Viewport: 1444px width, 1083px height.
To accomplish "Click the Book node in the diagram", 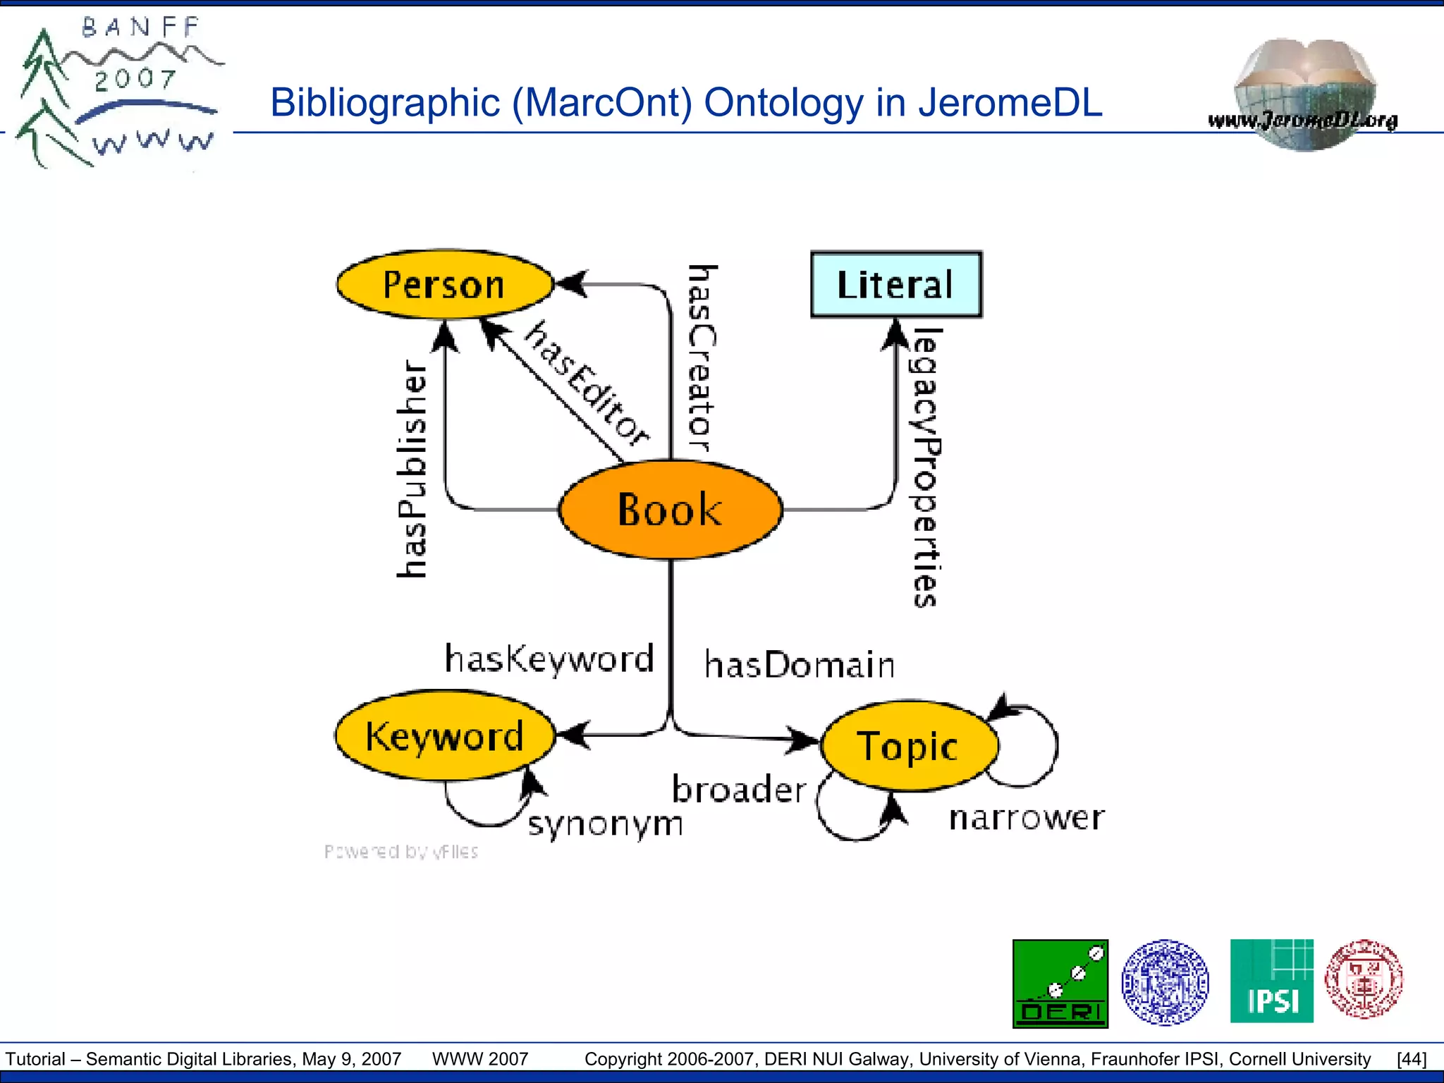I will pos(671,509).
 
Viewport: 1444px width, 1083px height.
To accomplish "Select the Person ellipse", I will pos(444,284).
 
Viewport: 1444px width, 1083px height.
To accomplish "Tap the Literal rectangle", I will pos(895,284).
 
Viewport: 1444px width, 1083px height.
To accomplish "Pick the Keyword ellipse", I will pos(445,735).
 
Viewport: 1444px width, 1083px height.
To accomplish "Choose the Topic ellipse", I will pos(909,745).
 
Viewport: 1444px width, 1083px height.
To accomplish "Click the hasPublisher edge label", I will pos(412,469).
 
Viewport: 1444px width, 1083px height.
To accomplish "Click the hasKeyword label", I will pos(549,659).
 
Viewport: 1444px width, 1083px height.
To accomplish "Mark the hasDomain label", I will pos(800,665).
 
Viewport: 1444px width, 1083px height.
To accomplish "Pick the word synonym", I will pos(606,824).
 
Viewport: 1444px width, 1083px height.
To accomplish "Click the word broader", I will pos(738,789).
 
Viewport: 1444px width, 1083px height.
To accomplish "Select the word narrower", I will pos(1027,818).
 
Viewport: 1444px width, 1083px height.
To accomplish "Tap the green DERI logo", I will pos(1060,983).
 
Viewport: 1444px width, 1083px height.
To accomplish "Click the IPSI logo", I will pos(1271,981).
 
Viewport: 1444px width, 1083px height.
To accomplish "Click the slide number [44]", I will pos(1411,1059).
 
